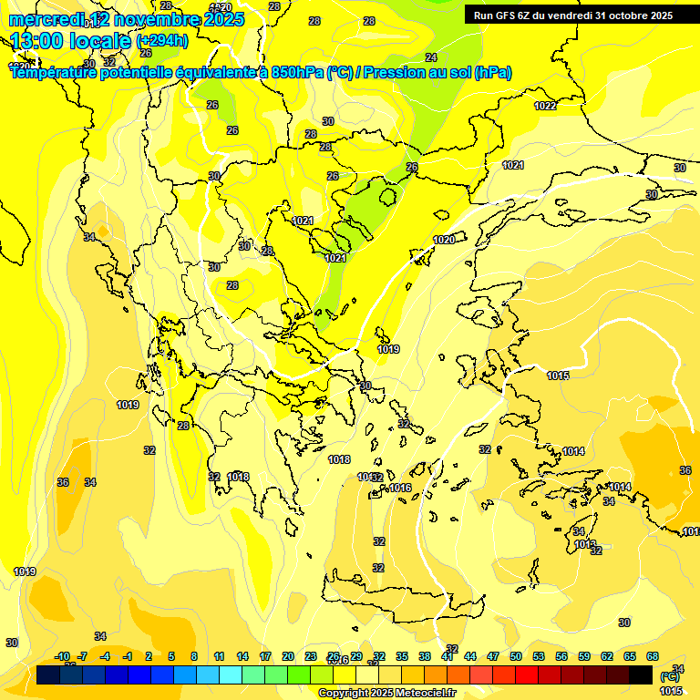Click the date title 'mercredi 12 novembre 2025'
click(x=127, y=19)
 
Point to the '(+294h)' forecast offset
click(x=161, y=40)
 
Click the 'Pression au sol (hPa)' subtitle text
click(x=437, y=73)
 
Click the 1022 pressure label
click(x=545, y=106)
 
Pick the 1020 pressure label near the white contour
click(x=444, y=240)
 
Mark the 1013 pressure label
click(x=584, y=544)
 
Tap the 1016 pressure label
click(x=400, y=489)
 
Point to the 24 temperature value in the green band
click(x=431, y=57)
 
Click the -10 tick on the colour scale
click(x=63, y=656)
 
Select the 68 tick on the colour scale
click(x=653, y=656)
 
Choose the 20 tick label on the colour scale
click(x=287, y=656)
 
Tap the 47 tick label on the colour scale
click(x=493, y=656)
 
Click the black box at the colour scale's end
click(x=641, y=674)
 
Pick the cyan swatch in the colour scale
click(x=231, y=674)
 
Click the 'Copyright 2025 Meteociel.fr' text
click(x=386, y=693)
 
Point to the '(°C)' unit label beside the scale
click(x=670, y=677)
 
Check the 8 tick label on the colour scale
click(x=194, y=656)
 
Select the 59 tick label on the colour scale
click(x=584, y=656)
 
